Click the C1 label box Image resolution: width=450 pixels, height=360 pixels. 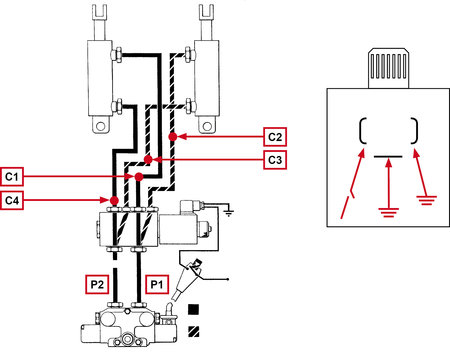12,177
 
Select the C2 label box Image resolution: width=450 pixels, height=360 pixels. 275,137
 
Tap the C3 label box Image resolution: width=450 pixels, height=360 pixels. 275,160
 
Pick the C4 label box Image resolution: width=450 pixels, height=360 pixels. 12,200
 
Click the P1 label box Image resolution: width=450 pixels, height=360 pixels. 157,284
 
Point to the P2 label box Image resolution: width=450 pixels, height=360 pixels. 97,284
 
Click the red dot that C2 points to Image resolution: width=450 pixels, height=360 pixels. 173,136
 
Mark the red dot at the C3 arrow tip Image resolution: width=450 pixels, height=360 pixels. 149,160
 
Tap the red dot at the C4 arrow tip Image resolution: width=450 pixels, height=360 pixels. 114,200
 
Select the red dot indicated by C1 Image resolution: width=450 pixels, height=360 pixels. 139,177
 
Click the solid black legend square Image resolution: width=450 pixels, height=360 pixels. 193,309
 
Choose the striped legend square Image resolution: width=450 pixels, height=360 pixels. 193,331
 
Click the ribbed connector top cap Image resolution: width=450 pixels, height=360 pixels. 388,68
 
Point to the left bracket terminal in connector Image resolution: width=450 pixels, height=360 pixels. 363,131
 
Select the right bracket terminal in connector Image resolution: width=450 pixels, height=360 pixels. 414,131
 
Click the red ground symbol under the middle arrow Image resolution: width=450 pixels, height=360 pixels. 388,212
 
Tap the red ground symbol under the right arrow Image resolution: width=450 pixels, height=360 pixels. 426,200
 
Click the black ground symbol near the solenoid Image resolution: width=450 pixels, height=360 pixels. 229,213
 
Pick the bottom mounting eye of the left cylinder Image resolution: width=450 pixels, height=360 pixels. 100,125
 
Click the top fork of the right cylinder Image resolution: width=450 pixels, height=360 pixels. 206,12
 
